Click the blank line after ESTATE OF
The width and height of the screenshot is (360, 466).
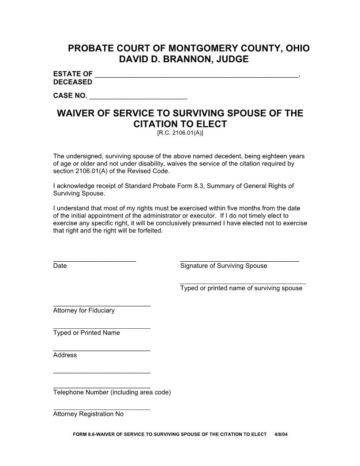point(197,75)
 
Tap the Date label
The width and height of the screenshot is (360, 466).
point(60,266)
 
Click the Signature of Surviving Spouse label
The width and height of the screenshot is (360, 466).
point(224,266)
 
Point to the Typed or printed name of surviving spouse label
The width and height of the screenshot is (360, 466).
point(241,288)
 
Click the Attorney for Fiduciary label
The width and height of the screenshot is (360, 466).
point(84,310)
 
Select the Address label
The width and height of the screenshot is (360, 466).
point(65,355)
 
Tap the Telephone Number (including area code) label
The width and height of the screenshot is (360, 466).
point(112,392)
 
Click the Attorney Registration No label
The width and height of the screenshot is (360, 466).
point(88,414)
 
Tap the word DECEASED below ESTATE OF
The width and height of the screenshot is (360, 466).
point(73,82)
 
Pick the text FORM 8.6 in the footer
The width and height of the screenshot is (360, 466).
point(84,434)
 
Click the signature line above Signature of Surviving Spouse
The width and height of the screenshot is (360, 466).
point(240,260)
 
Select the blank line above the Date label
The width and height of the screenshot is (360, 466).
point(94,260)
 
